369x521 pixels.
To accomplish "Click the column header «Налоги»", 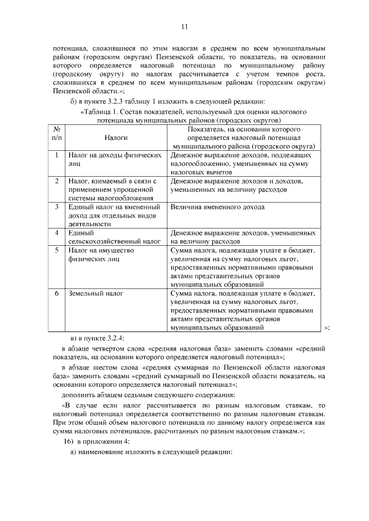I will (x=116, y=138).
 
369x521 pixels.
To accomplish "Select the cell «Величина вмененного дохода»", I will (x=217, y=207).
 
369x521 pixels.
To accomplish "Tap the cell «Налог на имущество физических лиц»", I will (x=101, y=254).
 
